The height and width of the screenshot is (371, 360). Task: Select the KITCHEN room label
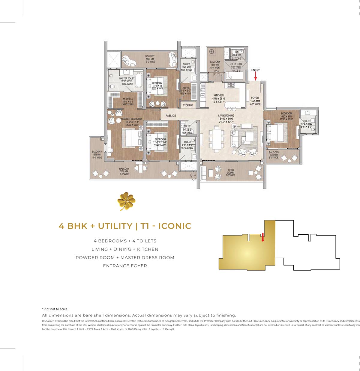tap(219, 95)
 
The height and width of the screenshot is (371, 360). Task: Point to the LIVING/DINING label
tap(226, 115)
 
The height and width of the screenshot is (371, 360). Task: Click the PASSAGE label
tap(171, 116)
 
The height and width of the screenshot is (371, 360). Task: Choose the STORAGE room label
tap(188, 105)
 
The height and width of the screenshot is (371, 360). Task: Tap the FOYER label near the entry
tap(255, 98)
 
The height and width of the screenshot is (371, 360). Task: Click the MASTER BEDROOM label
tap(131, 119)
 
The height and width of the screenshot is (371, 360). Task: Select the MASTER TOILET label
tap(127, 79)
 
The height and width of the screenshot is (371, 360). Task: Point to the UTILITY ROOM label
tap(236, 64)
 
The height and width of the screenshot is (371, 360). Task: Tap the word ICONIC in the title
tap(175, 226)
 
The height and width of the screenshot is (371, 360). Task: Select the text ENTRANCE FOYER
tap(125, 266)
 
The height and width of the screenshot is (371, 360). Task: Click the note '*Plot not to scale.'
tap(55, 309)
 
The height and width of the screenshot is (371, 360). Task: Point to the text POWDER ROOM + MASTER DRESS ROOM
tap(125, 257)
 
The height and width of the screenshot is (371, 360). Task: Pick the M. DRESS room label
tap(128, 99)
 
